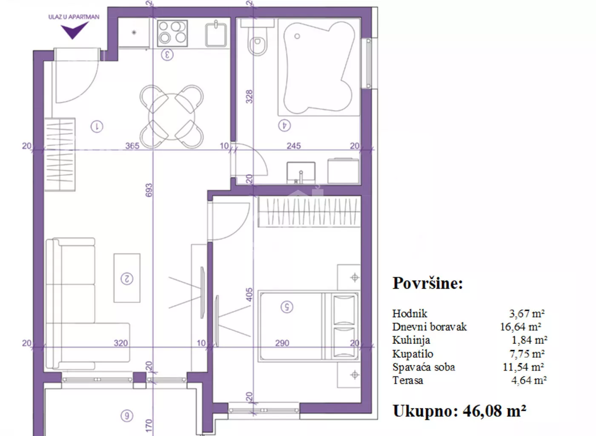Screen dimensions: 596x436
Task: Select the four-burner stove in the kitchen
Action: click(172, 34)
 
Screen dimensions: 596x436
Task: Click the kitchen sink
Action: click(216, 34)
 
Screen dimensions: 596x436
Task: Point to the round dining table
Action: click(172, 117)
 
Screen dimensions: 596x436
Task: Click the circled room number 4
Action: click(284, 125)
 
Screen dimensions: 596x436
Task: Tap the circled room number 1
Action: click(97, 126)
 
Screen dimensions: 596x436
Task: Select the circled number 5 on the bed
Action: click(287, 307)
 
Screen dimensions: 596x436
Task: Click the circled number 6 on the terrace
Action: click(127, 416)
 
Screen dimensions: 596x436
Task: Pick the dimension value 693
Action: click(149, 190)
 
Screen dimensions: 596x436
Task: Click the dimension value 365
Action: click(132, 146)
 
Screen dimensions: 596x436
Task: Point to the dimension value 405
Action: click(249, 294)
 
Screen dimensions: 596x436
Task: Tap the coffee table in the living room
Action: click(127, 278)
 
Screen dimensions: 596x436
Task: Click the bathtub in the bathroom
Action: click(319, 66)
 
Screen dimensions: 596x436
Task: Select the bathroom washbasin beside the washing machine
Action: click(301, 172)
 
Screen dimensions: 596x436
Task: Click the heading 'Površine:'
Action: click(427, 283)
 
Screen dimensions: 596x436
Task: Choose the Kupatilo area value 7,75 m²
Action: click(527, 354)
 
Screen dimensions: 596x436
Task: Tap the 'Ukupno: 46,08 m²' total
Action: click(459, 411)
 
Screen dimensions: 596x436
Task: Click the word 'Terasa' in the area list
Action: click(408, 380)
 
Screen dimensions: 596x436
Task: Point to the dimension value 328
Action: click(249, 97)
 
